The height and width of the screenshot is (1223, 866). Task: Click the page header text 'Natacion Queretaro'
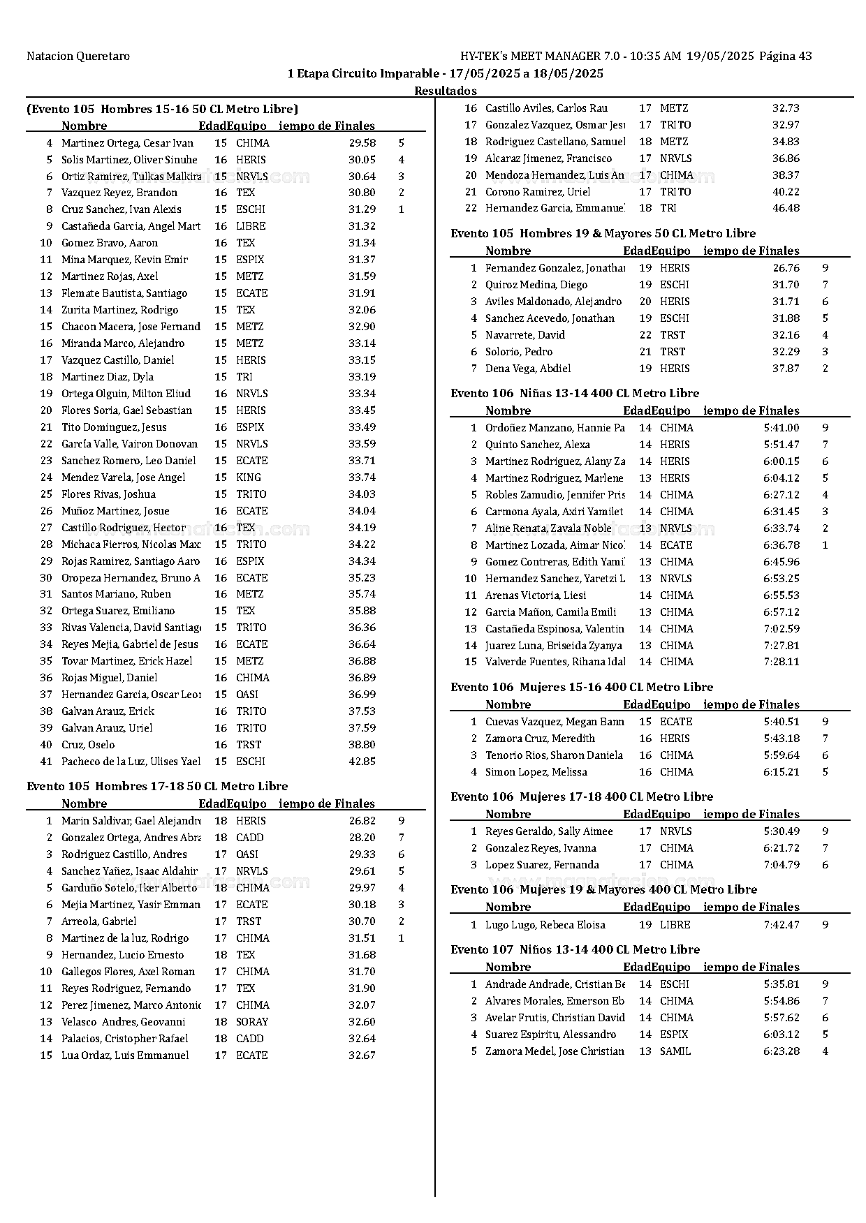(x=78, y=57)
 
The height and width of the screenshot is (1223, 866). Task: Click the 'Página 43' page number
(x=785, y=57)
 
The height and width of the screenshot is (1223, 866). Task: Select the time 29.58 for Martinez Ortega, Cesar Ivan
(x=362, y=143)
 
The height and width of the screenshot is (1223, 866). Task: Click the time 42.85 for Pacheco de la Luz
(x=362, y=762)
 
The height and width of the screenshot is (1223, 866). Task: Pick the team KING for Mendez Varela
(x=249, y=477)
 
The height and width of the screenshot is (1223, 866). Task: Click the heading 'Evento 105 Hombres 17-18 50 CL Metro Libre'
(x=157, y=786)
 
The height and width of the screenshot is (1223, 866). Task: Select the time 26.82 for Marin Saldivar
(x=362, y=821)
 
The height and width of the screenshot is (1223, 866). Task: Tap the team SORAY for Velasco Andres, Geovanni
(x=252, y=1022)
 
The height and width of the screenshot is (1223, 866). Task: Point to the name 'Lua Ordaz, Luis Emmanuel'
(x=125, y=1055)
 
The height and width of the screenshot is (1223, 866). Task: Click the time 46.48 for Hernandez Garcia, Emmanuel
(x=786, y=208)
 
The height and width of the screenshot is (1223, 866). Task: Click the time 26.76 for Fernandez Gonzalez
(x=786, y=268)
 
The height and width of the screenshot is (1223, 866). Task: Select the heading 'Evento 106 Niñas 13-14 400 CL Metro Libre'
(x=575, y=393)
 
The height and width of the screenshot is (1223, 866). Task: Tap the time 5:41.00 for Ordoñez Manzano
(x=781, y=428)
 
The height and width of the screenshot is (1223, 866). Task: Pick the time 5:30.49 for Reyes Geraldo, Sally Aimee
(x=781, y=831)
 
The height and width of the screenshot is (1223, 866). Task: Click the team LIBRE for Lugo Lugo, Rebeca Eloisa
(x=675, y=925)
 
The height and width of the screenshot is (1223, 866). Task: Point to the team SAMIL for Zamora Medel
(x=675, y=1051)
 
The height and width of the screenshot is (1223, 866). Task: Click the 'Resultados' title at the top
(x=446, y=91)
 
